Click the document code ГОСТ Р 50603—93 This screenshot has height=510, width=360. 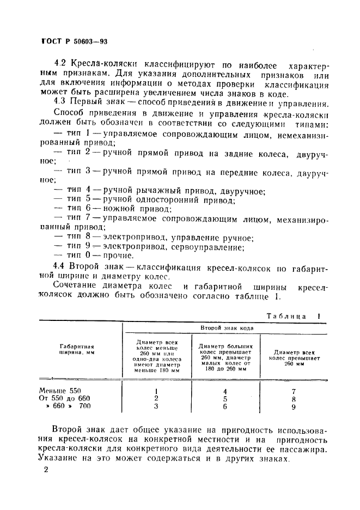click(x=77, y=41)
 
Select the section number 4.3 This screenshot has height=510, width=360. click(x=60, y=102)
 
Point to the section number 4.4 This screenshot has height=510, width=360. click(x=60, y=265)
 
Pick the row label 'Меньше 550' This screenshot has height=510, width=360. click(x=60, y=390)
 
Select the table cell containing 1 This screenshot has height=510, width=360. click(x=156, y=391)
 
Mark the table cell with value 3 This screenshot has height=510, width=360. click(x=156, y=406)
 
